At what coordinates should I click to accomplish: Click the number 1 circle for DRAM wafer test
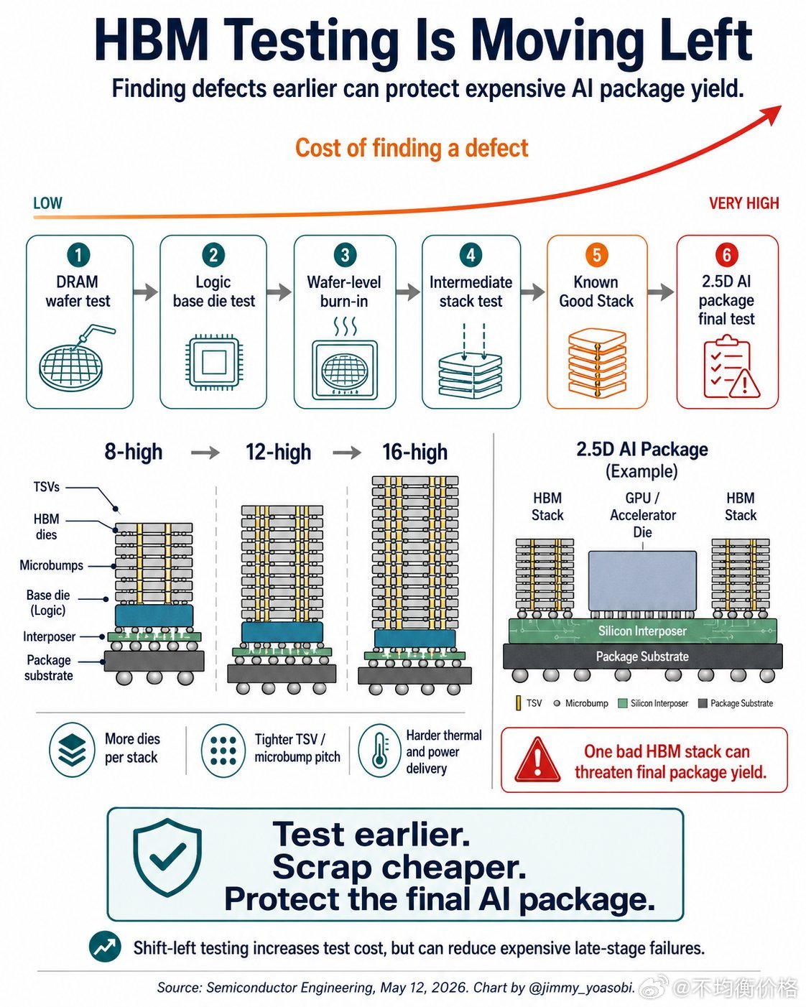point(78,255)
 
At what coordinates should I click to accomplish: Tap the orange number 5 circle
point(596,255)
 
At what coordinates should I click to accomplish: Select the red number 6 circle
point(726,255)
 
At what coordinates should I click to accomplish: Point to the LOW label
point(47,203)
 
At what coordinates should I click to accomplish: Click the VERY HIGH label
point(744,203)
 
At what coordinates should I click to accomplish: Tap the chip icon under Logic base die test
point(213,362)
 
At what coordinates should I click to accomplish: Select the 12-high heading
point(278,452)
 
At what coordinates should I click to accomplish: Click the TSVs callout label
point(47,487)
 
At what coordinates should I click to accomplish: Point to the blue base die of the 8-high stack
point(154,616)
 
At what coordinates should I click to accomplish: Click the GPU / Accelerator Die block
point(642,580)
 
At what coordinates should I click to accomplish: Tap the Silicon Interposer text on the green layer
point(642,631)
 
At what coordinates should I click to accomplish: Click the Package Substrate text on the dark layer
point(642,656)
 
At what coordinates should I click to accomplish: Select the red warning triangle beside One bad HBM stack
point(537,760)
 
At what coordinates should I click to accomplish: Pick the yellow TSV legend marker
point(518,703)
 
